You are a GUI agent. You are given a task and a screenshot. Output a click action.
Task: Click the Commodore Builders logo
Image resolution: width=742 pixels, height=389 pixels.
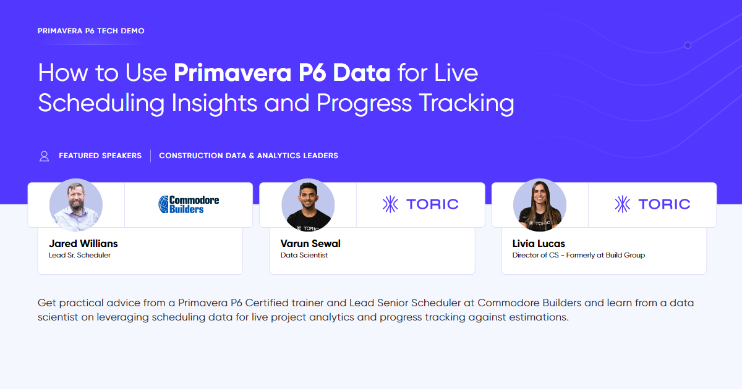189,204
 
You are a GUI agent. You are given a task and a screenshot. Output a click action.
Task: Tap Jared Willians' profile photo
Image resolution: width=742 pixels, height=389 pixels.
76,205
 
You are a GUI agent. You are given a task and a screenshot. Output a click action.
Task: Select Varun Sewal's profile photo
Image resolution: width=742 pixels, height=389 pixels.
308,205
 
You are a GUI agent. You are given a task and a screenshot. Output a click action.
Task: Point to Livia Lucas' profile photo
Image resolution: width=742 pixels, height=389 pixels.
540,205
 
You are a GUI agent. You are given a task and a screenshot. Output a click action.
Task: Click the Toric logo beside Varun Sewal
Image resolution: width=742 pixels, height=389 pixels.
420,204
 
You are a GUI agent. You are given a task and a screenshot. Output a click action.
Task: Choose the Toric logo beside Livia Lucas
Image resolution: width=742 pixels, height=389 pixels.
652,204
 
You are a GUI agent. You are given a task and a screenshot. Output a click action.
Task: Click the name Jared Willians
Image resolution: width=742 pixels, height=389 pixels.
83,243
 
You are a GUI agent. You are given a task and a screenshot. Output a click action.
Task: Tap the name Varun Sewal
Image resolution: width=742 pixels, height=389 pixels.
310,243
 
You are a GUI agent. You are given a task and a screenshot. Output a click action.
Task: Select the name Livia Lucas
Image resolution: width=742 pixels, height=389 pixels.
539,243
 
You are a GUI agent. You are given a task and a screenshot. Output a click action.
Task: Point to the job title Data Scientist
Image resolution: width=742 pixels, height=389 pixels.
304,255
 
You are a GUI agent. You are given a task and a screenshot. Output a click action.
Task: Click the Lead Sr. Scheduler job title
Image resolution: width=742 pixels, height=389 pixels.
80,255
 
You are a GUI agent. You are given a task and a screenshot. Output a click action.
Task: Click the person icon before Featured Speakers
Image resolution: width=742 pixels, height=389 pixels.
44,156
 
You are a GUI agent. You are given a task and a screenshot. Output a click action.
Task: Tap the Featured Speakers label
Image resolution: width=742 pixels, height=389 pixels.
100,156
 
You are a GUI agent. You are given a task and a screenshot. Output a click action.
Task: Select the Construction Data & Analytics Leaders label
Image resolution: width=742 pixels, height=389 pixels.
249,156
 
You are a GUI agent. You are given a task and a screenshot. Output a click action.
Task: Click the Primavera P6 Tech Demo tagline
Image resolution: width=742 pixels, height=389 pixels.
91,30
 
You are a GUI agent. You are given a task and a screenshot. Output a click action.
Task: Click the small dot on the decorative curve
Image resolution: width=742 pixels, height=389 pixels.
688,45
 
